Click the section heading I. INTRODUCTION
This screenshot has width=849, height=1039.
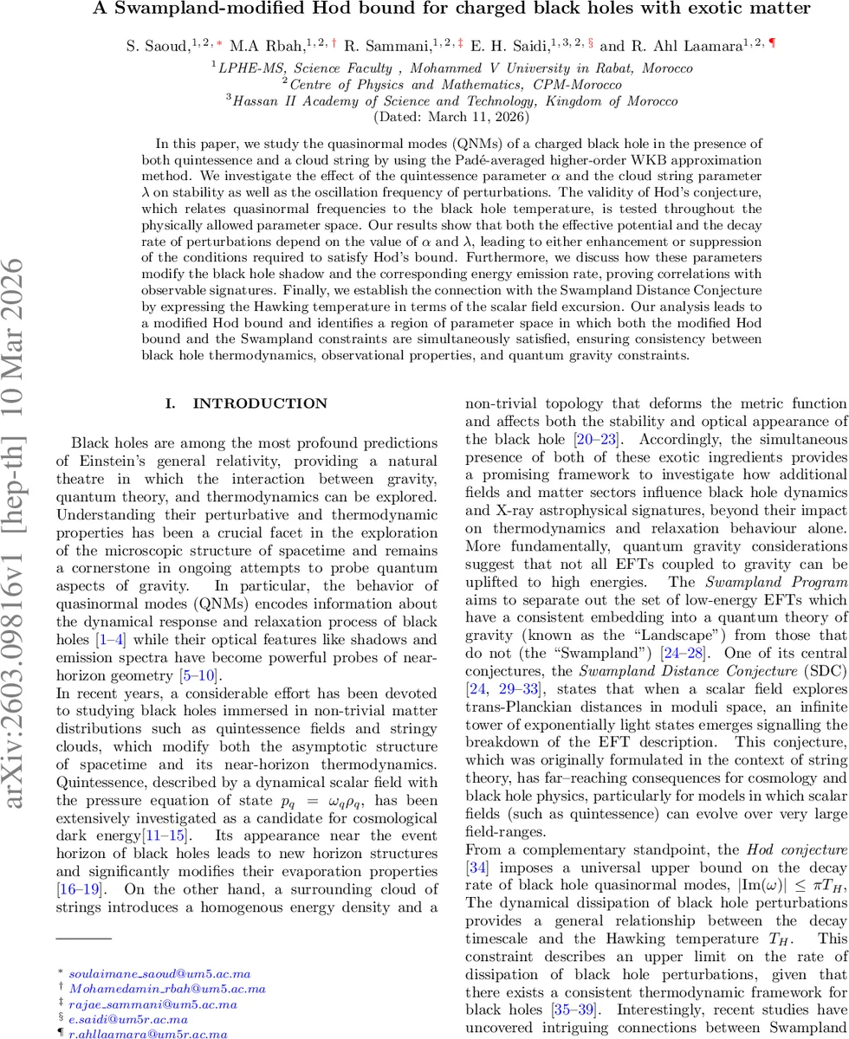247,403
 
